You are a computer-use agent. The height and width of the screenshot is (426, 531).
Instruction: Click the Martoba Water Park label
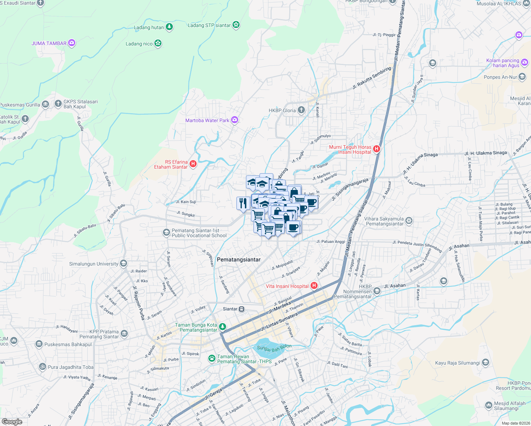(x=207, y=120)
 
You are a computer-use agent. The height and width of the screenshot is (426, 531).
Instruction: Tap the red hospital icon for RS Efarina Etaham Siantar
(x=193, y=164)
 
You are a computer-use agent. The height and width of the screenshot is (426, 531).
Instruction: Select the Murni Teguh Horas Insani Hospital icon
(x=377, y=149)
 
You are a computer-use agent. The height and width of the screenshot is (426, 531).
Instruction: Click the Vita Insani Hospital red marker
(x=314, y=285)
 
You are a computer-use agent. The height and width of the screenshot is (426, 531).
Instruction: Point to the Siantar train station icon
(x=242, y=309)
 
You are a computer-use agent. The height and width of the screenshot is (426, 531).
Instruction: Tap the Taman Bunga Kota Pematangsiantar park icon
(x=223, y=326)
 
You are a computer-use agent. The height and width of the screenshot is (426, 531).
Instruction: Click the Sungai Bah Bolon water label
(x=274, y=348)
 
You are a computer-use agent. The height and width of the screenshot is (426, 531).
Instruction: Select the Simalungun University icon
(x=124, y=263)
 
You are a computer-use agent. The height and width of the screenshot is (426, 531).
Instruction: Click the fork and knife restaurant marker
(x=243, y=203)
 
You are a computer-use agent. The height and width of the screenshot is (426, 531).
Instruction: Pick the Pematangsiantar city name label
(x=239, y=260)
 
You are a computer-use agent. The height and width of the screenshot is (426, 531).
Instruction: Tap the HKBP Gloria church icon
(x=301, y=110)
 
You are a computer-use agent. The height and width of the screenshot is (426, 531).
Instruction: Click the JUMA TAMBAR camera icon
(x=72, y=43)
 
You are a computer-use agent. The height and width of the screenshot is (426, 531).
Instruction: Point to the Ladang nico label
(x=139, y=44)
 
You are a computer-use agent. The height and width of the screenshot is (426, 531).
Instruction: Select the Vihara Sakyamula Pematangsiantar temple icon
(x=409, y=221)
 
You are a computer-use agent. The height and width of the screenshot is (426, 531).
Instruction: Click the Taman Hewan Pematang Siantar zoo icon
(x=212, y=359)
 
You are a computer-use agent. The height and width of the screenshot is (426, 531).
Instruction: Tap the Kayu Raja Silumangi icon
(x=486, y=362)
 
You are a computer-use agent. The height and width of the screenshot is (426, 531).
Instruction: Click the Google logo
(x=12, y=421)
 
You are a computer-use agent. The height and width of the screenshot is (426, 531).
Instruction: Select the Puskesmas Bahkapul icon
(x=39, y=344)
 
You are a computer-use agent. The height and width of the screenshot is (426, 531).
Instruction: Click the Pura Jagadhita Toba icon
(x=43, y=367)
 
